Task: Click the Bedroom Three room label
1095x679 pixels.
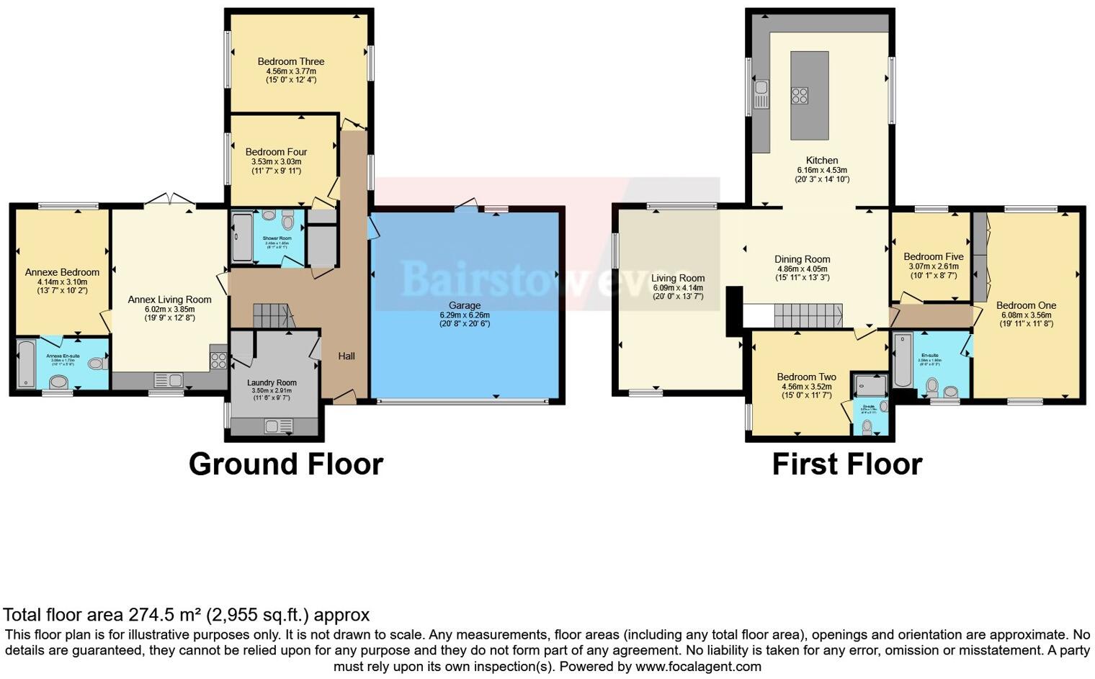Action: (291, 62)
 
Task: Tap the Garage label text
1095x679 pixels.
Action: (464, 305)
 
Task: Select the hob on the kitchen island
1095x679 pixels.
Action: (800, 96)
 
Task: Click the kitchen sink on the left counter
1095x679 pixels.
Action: (761, 95)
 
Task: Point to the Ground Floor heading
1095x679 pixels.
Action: (286, 464)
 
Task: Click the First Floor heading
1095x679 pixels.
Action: (846, 464)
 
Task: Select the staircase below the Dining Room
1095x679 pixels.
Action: (808, 315)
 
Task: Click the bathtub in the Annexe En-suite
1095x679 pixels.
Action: (26, 364)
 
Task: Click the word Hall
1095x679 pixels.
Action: (347, 356)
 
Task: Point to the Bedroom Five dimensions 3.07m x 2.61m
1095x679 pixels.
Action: (934, 266)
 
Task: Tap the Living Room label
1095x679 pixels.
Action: (678, 278)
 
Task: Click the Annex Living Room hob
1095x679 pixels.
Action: (218, 360)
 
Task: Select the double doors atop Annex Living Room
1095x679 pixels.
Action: (169, 199)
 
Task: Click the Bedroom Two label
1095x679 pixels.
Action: (806, 377)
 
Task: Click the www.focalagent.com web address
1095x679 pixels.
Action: (698, 667)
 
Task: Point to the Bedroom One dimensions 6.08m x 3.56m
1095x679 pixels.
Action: (1026, 315)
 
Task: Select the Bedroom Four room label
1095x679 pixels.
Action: (276, 152)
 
